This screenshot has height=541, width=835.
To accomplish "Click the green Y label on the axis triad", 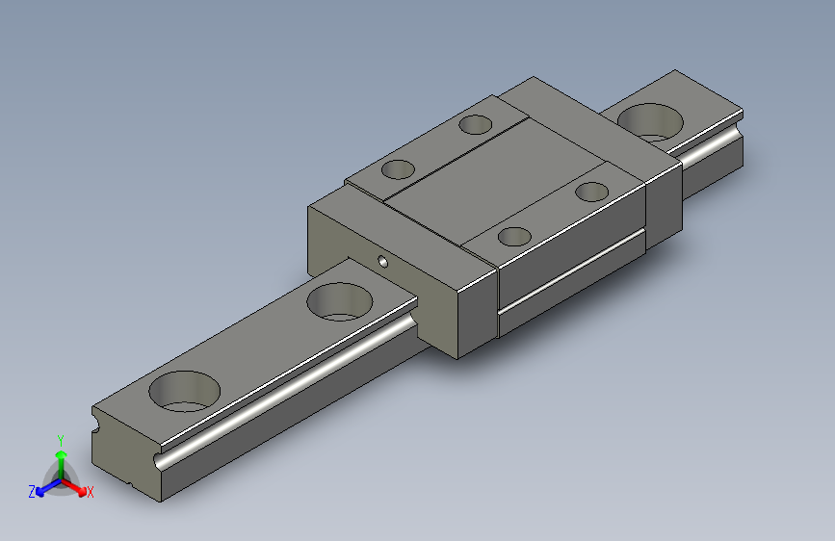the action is [x=61, y=441].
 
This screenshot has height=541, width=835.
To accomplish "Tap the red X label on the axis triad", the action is [x=90, y=492].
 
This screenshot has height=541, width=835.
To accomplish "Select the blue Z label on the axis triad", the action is [x=32, y=492].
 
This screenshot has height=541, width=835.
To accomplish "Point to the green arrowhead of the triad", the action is [x=62, y=454].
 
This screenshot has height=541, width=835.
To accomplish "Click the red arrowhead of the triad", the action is [x=82, y=490].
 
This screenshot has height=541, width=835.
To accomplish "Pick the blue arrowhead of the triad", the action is [x=40, y=492].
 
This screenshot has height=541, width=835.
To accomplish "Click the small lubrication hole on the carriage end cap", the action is [x=383, y=262].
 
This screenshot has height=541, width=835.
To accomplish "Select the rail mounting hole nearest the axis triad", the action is [x=184, y=392].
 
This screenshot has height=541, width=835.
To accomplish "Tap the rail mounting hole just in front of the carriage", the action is [x=340, y=302].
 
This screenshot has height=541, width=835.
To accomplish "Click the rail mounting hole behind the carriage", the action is [x=650, y=122].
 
